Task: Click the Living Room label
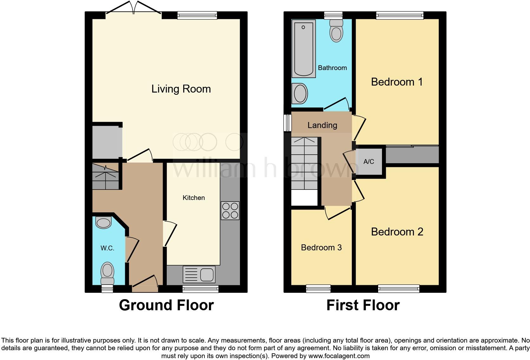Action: [181, 89]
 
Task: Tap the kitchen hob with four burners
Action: [230, 211]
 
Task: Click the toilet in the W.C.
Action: [107, 273]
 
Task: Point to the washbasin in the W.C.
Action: [104, 222]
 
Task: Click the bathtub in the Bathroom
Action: [304, 48]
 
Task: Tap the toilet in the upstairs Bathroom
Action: [336, 31]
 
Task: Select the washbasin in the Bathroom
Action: [300, 93]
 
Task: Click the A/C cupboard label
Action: [369, 162]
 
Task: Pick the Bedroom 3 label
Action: [321, 248]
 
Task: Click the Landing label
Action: [322, 125]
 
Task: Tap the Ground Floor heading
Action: [166, 305]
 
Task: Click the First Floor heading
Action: [363, 305]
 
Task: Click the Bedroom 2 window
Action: [398, 288]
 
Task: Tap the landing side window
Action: [287, 123]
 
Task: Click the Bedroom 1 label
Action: [397, 82]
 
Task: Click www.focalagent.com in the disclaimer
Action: [339, 356]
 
